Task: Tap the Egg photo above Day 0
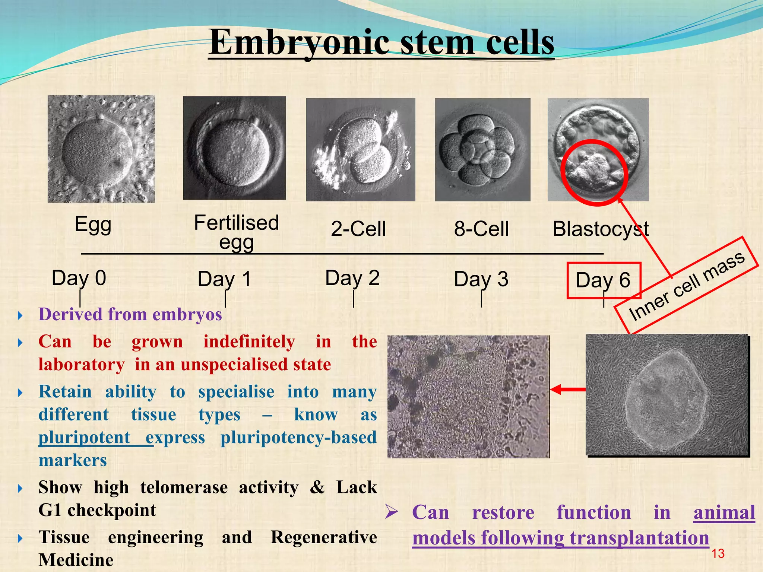(101, 149)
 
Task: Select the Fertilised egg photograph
(234, 148)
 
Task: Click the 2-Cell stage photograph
(360, 149)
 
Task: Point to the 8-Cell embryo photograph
(482, 149)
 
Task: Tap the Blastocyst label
(600, 229)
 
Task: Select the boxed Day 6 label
(603, 280)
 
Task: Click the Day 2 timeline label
(352, 278)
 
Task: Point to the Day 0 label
(79, 278)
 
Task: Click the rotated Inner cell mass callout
(686, 285)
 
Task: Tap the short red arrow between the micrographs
(567, 390)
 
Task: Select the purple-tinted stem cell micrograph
(468, 397)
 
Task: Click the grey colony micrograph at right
(667, 395)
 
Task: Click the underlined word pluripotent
(85, 438)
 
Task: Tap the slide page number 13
(718, 554)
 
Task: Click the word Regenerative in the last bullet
(323, 537)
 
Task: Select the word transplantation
(639, 538)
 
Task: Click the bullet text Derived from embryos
(130, 314)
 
